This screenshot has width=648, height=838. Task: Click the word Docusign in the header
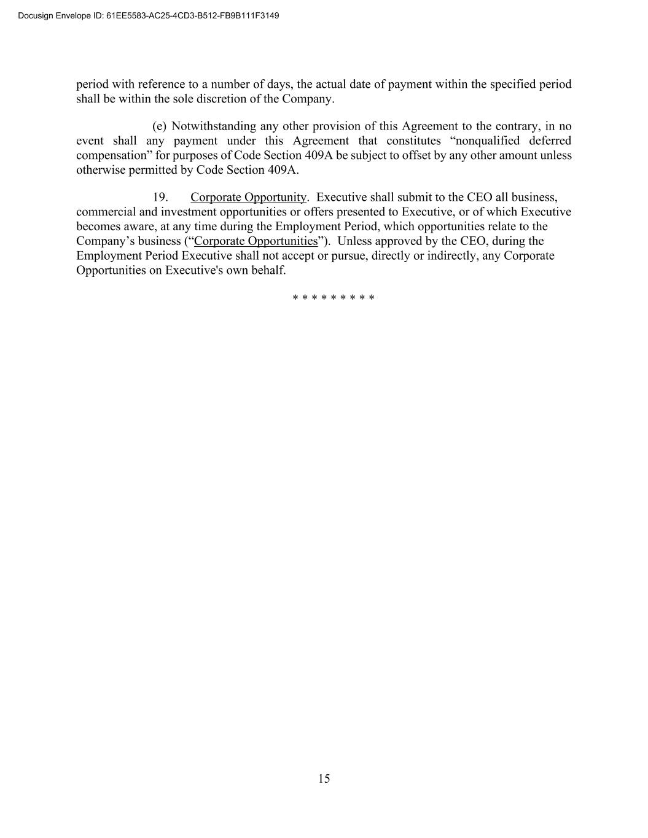(x=36, y=15)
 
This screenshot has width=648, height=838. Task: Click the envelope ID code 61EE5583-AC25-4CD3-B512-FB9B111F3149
(x=193, y=15)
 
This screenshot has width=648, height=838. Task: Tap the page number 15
(x=324, y=779)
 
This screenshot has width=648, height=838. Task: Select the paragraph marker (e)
(x=159, y=126)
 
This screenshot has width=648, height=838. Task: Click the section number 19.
(x=160, y=198)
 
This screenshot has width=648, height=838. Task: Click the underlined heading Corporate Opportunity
(x=248, y=198)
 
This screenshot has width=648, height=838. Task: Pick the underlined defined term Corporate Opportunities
(x=256, y=241)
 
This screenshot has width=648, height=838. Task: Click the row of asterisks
(x=334, y=298)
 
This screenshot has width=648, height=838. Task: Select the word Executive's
(x=194, y=270)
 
